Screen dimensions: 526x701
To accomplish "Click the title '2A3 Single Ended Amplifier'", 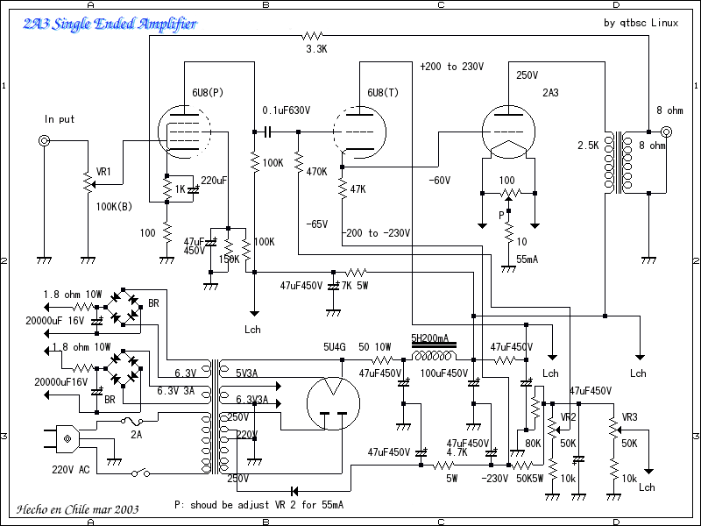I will tap(110, 25).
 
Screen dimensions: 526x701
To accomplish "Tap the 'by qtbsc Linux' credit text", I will tap(641, 24).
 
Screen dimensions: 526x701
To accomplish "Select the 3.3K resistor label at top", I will tap(316, 50).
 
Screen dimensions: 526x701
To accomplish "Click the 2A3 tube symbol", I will tap(510, 131).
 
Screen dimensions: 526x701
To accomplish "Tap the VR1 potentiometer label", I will tap(103, 172).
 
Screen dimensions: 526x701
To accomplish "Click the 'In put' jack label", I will tap(60, 118).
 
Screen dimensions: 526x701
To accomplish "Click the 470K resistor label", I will tap(316, 171).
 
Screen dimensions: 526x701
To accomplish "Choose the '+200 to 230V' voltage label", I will tap(451, 68).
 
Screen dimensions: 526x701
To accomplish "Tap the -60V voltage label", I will tap(439, 180).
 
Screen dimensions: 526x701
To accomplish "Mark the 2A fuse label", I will tap(137, 434).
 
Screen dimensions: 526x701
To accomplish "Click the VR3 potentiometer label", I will tap(629, 417).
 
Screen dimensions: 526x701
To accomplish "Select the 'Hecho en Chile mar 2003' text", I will tap(77, 508).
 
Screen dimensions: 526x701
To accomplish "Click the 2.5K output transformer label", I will tap(587, 145).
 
